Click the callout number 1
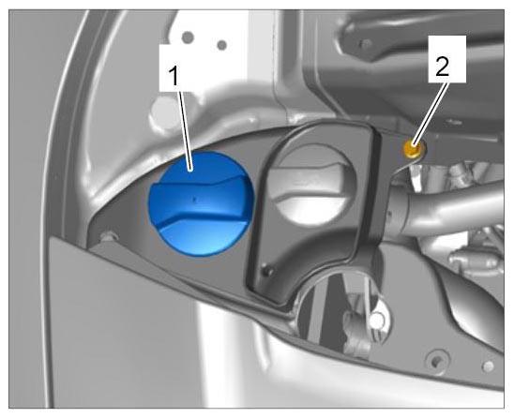(x=174, y=76)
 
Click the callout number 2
(x=442, y=67)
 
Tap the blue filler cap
(x=201, y=203)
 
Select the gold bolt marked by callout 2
(x=414, y=148)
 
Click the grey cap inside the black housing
(x=310, y=186)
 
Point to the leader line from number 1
(x=185, y=128)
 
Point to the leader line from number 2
(x=431, y=113)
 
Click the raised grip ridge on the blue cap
(x=201, y=201)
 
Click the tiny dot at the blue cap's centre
(x=194, y=199)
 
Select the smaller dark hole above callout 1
(x=222, y=45)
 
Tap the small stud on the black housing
(x=268, y=271)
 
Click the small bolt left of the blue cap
(x=108, y=236)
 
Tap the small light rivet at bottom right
(x=488, y=366)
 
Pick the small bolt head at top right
(x=365, y=43)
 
